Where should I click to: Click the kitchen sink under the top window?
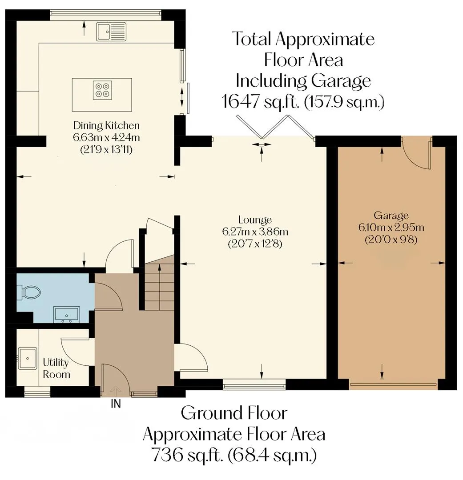point(111,31)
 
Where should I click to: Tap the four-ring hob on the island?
point(102,90)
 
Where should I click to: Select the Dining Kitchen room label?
point(106,125)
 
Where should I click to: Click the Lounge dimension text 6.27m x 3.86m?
point(255,232)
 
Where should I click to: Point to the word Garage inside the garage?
point(391,216)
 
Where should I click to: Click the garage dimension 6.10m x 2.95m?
point(391,228)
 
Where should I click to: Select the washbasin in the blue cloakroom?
point(67,315)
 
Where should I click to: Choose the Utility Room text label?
point(56,368)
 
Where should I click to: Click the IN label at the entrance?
point(116,404)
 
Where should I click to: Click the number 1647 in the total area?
point(241,102)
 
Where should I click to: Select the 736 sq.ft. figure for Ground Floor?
point(187,455)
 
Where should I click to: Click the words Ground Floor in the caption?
point(234,413)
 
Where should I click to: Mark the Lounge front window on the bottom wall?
point(254,384)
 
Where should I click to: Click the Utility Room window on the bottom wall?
point(37,392)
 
